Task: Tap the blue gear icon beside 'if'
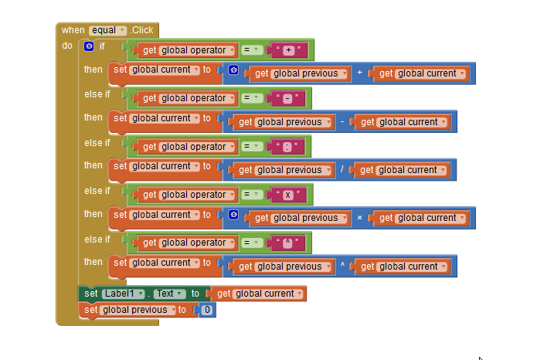(90, 47)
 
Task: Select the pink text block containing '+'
(288, 50)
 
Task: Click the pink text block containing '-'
(287, 98)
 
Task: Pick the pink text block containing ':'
(288, 147)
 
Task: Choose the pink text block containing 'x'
(288, 195)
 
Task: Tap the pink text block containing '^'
(288, 243)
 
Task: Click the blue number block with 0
(206, 310)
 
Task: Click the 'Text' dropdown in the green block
(169, 294)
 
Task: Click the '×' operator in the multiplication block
(359, 218)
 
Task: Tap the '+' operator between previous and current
(359, 73)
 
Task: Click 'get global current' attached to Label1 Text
(258, 294)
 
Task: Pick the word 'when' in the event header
(73, 30)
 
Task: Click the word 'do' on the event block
(67, 46)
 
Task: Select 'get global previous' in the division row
(281, 170)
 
